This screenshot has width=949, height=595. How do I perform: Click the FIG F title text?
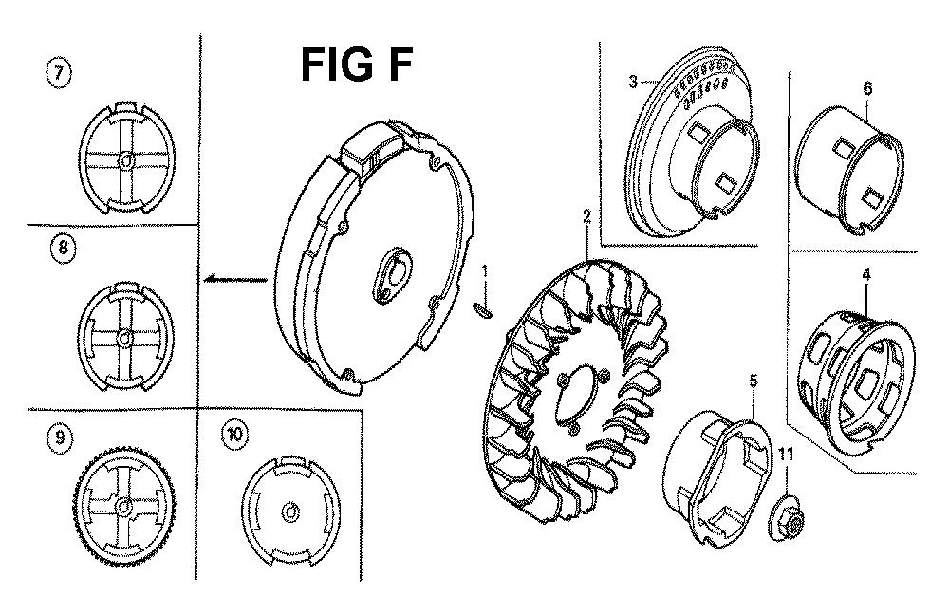(x=357, y=65)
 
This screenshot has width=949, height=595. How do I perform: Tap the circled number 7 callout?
(x=59, y=73)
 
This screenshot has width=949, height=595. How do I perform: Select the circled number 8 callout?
(x=64, y=250)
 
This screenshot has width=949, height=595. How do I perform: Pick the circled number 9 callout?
(x=59, y=437)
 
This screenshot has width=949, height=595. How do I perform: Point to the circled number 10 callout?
(x=234, y=434)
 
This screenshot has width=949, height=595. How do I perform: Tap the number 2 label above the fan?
(x=586, y=216)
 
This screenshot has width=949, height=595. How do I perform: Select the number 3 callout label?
(x=633, y=81)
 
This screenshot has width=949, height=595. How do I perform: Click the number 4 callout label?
(x=866, y=274)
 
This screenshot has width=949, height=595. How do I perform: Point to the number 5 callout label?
(x=754, y=381)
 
